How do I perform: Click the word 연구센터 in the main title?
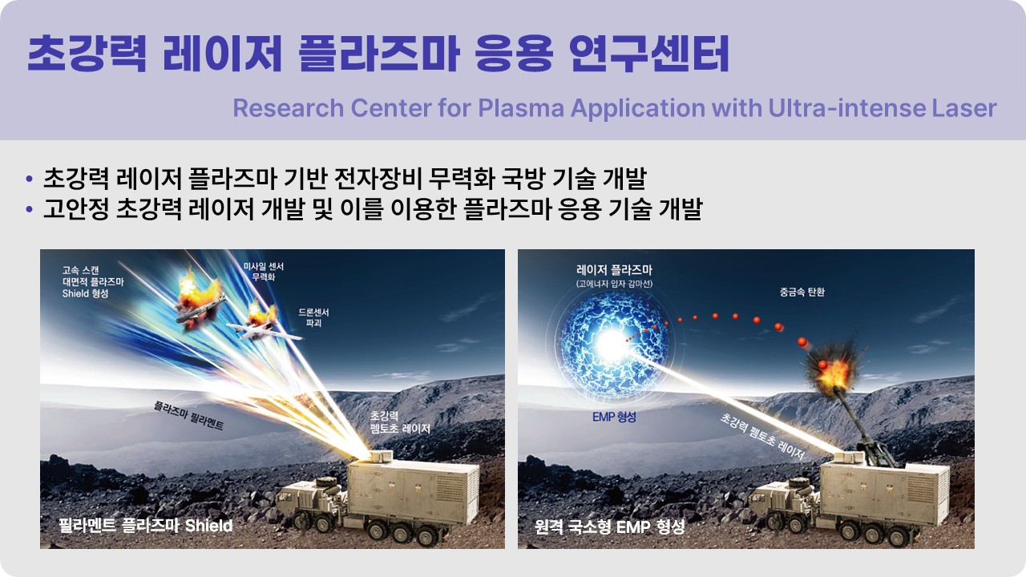point(649,54)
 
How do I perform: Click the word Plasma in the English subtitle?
point(521,108)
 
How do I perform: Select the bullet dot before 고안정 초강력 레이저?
point(30,209)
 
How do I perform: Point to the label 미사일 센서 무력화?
point(264,272)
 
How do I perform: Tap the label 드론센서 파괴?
point(313,317)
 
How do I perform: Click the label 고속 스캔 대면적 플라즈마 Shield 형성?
point(93,281)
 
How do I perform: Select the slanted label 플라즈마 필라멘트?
point(188,416)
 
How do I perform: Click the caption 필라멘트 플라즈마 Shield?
point(146,525)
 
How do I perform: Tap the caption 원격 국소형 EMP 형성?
point(610,527)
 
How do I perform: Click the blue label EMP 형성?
point(614,417)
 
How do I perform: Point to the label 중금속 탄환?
point(802,292)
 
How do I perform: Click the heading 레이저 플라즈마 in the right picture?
point(614,270)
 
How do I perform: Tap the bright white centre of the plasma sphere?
point(612,345)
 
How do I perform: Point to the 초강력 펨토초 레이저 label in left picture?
point(400,422)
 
